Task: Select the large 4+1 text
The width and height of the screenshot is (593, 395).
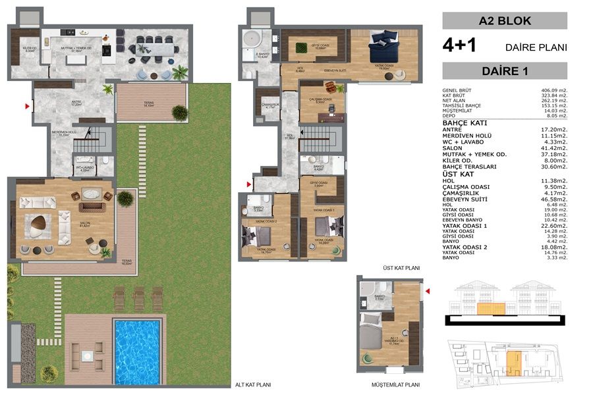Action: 463,46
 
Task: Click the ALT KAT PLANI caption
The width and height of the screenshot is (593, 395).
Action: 253,385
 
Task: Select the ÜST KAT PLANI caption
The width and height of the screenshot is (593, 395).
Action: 401,269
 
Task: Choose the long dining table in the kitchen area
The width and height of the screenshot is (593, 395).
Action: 154,48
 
